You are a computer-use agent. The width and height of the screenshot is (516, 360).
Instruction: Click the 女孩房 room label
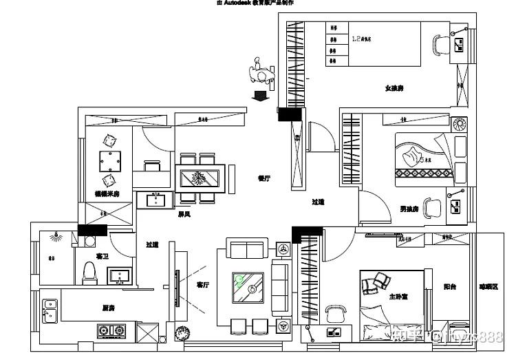click(394, 88)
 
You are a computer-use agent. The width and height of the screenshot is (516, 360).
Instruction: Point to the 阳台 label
click(450, 286)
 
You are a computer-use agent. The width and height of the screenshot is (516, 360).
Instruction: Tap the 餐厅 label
click(264, 178)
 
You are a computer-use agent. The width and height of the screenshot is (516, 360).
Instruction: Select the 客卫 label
click(103, 256)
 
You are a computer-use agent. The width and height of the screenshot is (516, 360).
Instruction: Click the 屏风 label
click(184, 214)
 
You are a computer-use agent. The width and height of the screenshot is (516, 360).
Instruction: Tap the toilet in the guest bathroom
click(89, 272)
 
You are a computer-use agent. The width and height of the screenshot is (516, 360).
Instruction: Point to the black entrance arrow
click(261, 96)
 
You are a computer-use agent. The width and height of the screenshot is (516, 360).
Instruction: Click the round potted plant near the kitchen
click(183, 334)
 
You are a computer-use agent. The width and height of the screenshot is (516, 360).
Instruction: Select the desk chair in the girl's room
click(440, 45)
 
